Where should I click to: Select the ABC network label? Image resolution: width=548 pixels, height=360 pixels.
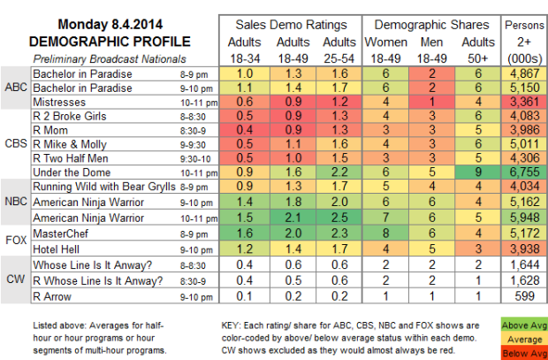[x=15, y=88]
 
